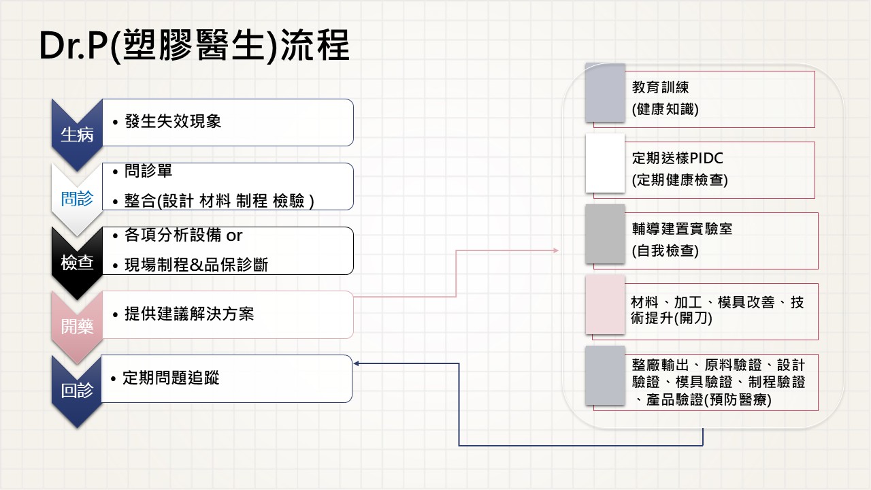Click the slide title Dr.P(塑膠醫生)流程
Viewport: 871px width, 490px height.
194,46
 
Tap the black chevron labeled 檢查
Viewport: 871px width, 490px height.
77,263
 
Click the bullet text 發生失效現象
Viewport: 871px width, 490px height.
173,122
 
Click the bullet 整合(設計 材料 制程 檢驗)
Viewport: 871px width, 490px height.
218,201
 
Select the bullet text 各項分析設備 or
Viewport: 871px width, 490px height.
183,235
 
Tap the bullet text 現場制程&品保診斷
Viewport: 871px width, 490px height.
196,265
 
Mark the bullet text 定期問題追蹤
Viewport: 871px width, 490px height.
171,378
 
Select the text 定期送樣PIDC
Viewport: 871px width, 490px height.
677,159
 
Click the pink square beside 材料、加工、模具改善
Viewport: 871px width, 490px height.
605,305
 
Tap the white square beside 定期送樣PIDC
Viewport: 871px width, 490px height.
605,163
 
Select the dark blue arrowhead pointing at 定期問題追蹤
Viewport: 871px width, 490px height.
357,363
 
